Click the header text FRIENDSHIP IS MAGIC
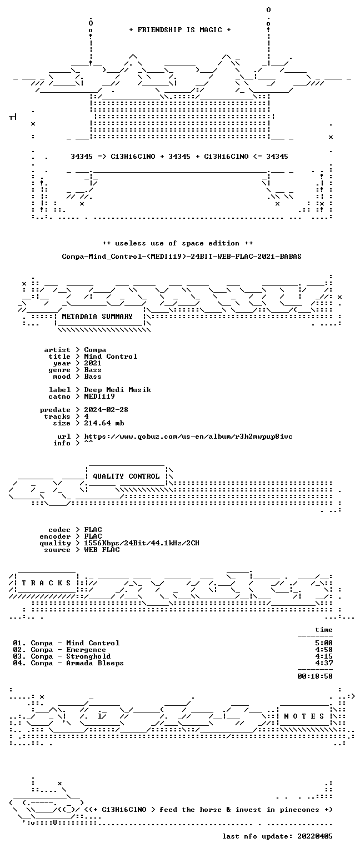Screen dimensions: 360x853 (180, 29)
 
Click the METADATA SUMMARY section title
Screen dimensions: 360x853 (97, 316)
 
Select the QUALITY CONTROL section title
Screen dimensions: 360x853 (126, 476)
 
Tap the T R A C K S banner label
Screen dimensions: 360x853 (47, 583)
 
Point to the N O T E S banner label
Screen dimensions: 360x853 (304, 716)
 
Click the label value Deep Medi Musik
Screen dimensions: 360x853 (117, 389)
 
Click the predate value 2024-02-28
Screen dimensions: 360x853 (106, 410)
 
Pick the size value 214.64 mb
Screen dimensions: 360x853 (104, 423)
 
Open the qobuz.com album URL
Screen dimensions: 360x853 (188, 436)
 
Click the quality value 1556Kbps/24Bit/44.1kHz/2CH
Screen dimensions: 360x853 (142, 543)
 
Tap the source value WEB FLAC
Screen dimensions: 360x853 (102, 549)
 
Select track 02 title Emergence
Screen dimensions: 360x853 (86, 650)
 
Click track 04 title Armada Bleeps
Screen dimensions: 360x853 (95, 663)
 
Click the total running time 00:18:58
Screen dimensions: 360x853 (315, 676)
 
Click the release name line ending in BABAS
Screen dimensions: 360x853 (182, 256)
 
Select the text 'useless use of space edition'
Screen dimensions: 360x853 (178, 243)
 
